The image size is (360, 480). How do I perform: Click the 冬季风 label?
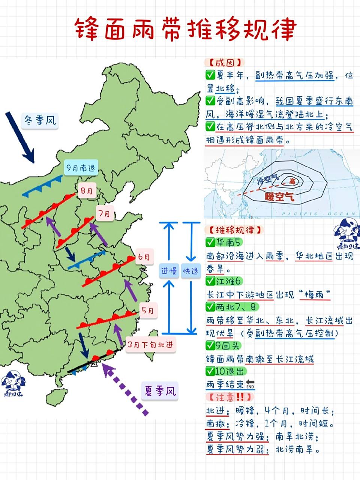(40, 120)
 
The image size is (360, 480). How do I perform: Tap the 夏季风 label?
(160, 391)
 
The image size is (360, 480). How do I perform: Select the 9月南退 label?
(81, 168)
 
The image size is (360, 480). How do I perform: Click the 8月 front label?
(87, 191)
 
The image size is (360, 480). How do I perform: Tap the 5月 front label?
(147, 311)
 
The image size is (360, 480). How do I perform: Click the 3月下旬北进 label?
(150, 345)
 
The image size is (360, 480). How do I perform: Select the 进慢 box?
(169, 270)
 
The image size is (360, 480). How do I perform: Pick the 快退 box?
(191, 270)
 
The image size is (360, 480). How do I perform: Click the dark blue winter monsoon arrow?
(20, 137)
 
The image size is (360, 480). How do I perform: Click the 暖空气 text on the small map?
(279, 196)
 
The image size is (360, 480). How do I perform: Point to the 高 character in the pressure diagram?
(292, 181)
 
